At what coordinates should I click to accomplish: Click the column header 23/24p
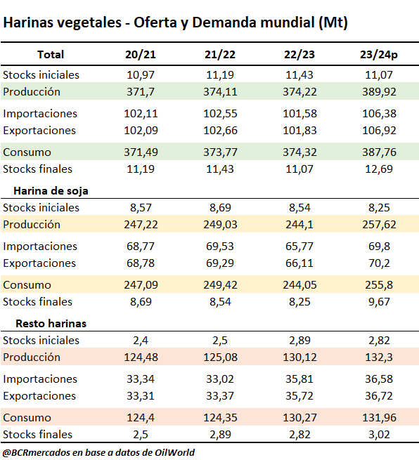379,55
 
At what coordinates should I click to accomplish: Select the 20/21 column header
141,55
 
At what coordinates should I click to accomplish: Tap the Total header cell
51,55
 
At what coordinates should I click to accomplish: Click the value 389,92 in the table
379,92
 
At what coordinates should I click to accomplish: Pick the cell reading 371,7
141,92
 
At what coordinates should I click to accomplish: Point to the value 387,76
379,152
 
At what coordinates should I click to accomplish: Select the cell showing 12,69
379,169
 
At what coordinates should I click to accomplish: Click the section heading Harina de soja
51,191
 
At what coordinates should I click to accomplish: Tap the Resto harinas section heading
51,324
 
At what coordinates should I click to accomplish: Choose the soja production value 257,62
379,225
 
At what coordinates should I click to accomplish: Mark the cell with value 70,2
379,263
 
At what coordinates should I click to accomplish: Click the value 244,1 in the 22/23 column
299,225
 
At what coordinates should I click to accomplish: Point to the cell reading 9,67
379,302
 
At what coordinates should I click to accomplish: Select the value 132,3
379,357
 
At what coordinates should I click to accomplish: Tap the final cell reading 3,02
379,435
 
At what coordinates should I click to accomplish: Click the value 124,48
141,357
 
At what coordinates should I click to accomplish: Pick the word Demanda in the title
224,22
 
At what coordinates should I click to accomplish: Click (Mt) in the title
333,23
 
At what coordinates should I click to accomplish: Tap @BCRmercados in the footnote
37,453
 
